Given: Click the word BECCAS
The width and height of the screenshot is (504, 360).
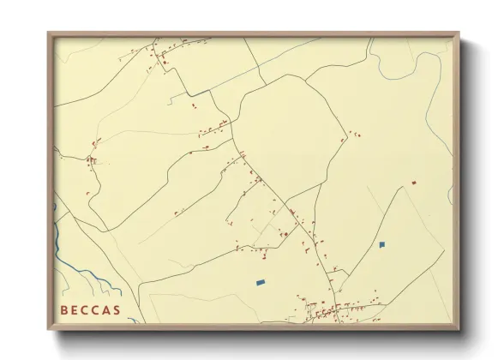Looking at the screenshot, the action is (x=90, y=309).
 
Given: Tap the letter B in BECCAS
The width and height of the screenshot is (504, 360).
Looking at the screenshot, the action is (x=65, y=309).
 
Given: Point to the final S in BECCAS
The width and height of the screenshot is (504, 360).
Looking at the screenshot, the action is (x=117, y=309).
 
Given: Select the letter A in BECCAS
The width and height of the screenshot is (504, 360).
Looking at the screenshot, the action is (x=106, y=309).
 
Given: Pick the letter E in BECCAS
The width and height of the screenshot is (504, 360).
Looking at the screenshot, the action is (x=75, y=309).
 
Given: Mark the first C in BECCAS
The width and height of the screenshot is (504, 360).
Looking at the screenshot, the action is (x=86, y=309).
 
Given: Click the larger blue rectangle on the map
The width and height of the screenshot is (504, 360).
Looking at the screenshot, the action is (x=261, y=281).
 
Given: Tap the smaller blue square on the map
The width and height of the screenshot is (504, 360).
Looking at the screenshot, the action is (x=382, y=244).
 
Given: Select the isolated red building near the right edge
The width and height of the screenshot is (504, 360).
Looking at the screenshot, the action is (x=413, y=183).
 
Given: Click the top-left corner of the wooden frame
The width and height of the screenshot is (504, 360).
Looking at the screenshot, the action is (x=49, y=33).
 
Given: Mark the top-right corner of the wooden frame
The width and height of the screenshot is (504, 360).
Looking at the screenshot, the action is (x=459, y=33).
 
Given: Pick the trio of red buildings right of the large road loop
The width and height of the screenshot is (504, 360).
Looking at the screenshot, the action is (x=351, y=135).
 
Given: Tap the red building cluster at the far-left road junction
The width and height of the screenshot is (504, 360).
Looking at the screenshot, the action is (x=91, y=159).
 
